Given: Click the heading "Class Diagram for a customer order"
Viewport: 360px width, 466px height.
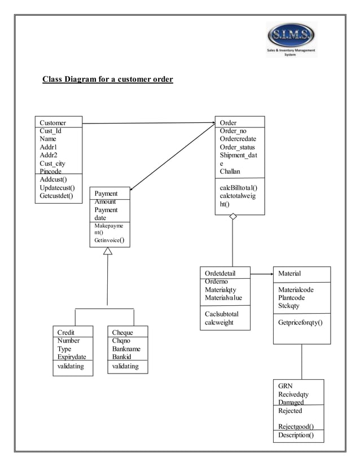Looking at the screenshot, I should (x=108, y=79).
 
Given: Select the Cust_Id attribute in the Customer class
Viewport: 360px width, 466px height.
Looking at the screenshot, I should (x=51, y=131).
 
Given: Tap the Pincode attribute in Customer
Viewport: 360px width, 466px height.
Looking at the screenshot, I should (x=51, y=171).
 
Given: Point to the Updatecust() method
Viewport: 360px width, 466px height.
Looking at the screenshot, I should (x=58, y=188).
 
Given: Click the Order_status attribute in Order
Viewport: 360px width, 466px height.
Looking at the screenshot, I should (x=237, y=147).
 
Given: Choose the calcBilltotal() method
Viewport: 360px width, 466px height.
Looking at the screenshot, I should (x=238, y=188).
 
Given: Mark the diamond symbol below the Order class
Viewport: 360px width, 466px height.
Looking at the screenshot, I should (x=233, y=217).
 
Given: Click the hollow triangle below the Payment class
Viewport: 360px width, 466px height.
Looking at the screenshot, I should (x=108, y=250).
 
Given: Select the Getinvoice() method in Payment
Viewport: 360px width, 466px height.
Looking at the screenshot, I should (x=109, y=240).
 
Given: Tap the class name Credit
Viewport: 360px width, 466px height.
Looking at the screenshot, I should (x=66, y=332).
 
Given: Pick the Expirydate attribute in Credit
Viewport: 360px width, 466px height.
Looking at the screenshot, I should (x=72, y=357).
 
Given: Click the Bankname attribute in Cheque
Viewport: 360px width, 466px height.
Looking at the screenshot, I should (x=126, y=349).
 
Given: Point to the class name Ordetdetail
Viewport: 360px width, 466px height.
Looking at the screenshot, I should (x=220, y=274).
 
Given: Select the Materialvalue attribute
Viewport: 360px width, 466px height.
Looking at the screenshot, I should (x=223, y=298).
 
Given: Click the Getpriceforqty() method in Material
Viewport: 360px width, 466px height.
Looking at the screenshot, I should (x=300, y=323).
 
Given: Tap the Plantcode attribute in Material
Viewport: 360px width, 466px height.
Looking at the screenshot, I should (x=292, y=298).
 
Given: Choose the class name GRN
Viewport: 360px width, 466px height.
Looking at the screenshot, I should (x=285, y=386).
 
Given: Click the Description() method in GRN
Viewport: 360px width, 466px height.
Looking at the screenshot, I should (x=296, y=435).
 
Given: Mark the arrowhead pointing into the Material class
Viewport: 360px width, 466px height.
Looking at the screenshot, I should (x=270, y=274).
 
